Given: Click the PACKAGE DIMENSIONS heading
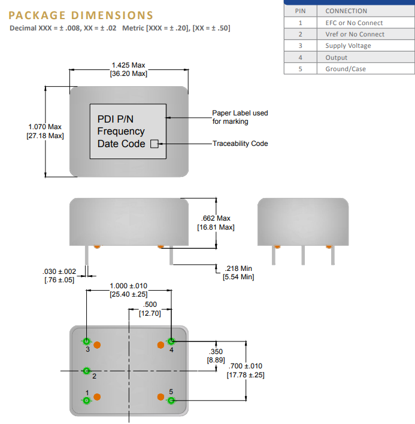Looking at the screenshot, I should click(x=81, y=16).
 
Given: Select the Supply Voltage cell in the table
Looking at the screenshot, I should click(x=348, y=45).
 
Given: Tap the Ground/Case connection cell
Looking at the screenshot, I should click(x=346, y=69).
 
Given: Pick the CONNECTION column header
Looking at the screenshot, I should click(x=346, y=11).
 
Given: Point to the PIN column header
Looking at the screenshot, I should click(x=300, y=11).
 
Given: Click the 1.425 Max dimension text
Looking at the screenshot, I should click(x=128, y=65).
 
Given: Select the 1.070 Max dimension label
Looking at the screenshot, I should click(x=45, y=127).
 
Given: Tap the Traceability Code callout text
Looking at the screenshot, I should click(x=240, y=144).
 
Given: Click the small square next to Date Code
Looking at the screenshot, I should click(x=153, y=144).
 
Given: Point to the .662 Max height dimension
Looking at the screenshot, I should click(x=216, y=218).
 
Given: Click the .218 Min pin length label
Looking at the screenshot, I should click(x=238, y=269).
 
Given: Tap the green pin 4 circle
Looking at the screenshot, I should click(x=171, y=341).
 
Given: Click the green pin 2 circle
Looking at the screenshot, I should click(x=87, y=371).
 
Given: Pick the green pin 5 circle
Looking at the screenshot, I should click(x=171, y=400).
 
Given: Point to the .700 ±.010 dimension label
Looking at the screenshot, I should click(x=245, y=366).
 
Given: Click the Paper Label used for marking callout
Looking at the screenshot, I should click(x=240, y=117).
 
